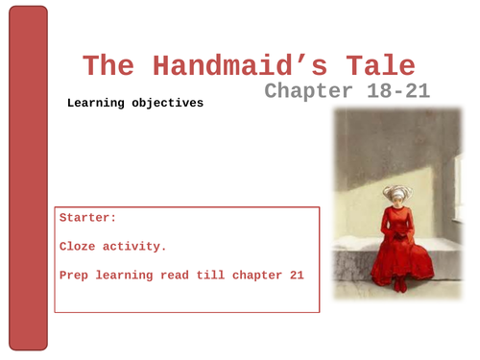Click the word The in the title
(106, 67)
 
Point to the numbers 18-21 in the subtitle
(396, 91)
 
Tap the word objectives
(171, 103)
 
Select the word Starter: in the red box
(88, 218)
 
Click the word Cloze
(80, 247)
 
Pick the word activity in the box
(136, 247)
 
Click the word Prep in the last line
(76, 276)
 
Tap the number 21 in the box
(296, 276)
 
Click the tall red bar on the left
(27, 178)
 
